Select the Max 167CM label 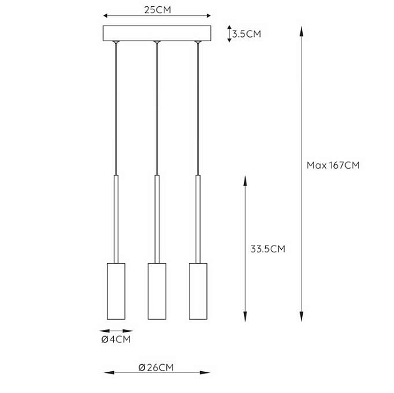[x=333, y=166]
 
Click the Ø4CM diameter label [x=116, y=340]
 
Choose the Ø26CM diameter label [x=156, y=367]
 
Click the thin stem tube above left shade [x=116, y=219]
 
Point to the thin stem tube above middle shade [x=156, y=219]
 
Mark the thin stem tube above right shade [x=198, y=219]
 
